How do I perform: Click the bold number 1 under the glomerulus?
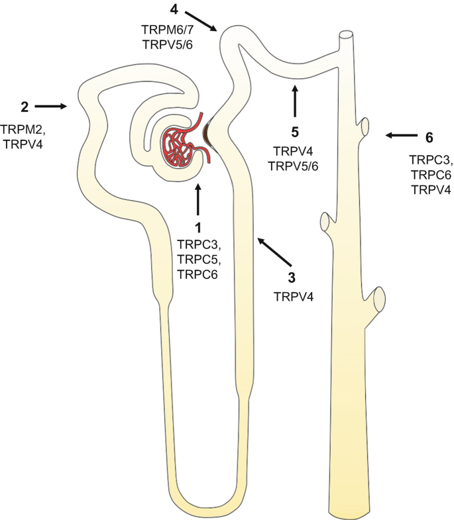coord(198,227)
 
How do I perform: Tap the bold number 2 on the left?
coord(25,106)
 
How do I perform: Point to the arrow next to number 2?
coord(51,106)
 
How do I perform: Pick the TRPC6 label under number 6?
coord(429,174)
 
